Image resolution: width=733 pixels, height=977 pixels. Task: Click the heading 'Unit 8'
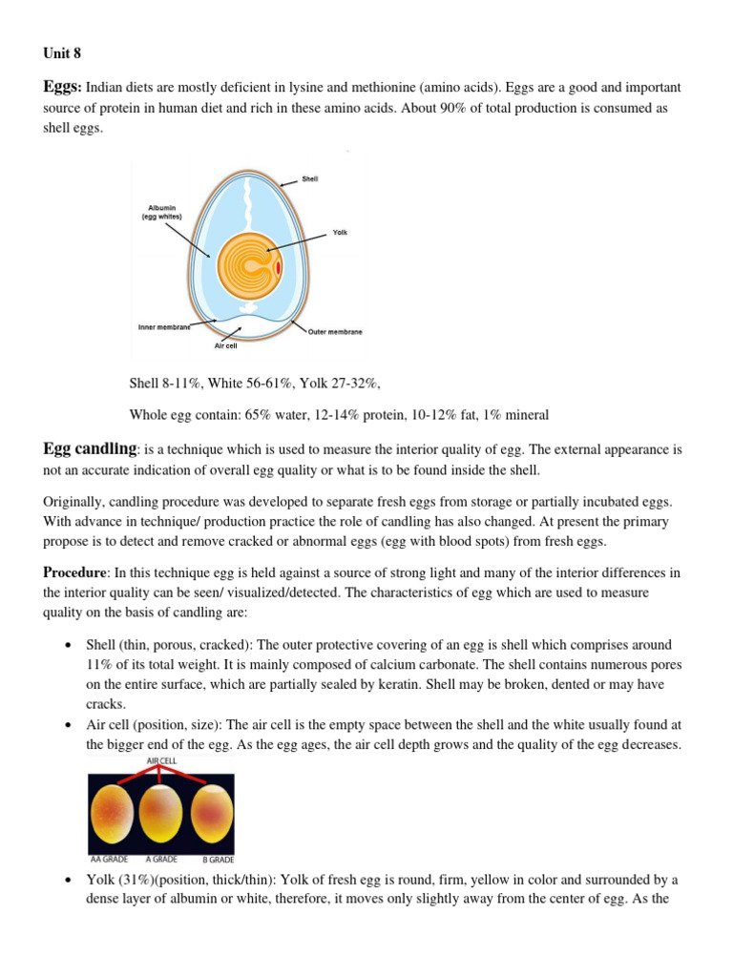(x=62, y=53)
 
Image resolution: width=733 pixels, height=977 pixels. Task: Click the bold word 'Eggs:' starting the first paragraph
(x=63, y=87)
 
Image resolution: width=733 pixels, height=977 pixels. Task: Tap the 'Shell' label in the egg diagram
(x=309, y=179)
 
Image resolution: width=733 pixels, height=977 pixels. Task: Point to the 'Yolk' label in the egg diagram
(x=340, y=233)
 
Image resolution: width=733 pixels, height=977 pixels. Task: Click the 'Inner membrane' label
(x=164, y=327)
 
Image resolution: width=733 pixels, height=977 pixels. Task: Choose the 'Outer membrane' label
(x=335, y=332)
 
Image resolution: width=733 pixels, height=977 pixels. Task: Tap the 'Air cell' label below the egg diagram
(x=225, y=346)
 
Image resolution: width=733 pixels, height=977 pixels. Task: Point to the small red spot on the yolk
(x=278, y=268)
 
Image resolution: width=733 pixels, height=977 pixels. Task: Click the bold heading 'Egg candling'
(x=91, y=449)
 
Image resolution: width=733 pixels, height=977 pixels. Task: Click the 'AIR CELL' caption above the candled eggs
(x=161, y=760)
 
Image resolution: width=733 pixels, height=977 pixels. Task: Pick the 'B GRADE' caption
(x=213, y=859)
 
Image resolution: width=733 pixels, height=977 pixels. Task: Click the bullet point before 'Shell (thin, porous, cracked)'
(x=68, y=646)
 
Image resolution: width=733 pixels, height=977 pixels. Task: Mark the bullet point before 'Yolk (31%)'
(x=68, y=880)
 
